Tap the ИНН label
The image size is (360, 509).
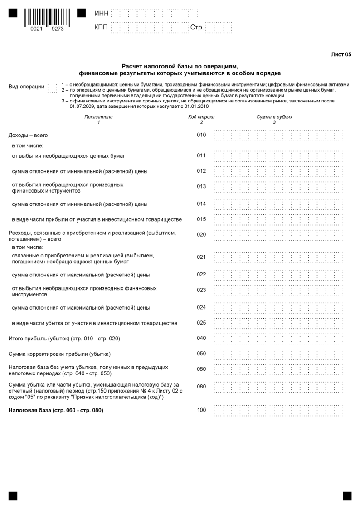[x=101, y=14]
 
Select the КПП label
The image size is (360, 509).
[x=101, y=28]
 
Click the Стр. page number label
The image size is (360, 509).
[x=197, y=28]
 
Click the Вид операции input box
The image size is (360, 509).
[x=52, y=87]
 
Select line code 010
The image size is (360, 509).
[x=201, y=135]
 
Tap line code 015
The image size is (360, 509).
[x=201, y=219]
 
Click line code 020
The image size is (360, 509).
[x=201, y=235]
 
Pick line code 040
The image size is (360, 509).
[x=201, y=338]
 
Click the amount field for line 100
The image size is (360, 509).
[x=278, y=411]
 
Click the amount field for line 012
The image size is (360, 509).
[x=278, y=171]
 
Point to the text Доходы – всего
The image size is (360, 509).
[x=28, y=136]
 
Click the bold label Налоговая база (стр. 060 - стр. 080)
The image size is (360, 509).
[x=56, y=411]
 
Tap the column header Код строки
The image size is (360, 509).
[x=201, y=117]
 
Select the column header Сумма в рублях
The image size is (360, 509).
[x=274, y=117]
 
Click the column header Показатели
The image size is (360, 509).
[x=98, y=117]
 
